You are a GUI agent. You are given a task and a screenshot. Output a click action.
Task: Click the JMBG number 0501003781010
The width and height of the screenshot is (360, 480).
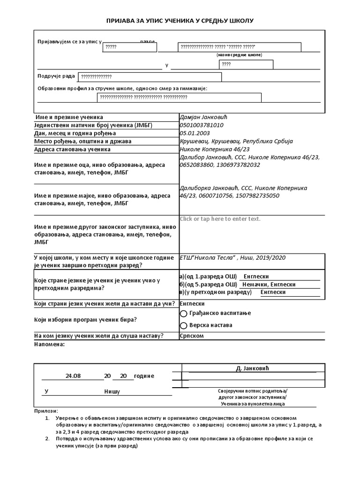[202, 125]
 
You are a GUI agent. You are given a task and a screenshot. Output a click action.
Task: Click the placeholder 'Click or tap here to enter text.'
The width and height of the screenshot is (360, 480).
[220, 219]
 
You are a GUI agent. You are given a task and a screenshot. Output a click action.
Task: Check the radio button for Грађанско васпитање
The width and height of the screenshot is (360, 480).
[184, 313]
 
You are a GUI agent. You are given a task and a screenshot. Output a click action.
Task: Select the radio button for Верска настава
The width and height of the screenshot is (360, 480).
[184, 325]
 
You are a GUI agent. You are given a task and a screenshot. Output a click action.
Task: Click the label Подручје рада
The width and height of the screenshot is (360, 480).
[56, 76]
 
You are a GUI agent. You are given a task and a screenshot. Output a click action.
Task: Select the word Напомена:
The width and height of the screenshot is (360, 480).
[49, 345]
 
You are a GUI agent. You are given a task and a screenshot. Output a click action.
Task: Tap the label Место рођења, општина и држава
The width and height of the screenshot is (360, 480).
[82, 141]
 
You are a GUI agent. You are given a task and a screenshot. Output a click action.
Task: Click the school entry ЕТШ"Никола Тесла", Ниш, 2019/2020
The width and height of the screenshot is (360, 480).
[232, 257]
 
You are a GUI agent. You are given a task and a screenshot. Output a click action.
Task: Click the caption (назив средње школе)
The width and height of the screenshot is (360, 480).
[240, 55]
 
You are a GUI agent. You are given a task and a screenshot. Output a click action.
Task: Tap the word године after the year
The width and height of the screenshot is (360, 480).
[144, 376]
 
